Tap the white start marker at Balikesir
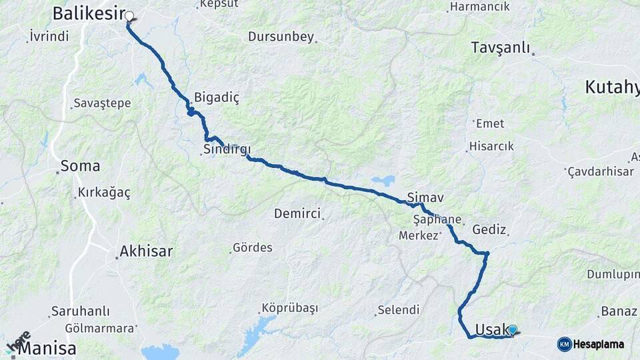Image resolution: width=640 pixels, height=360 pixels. pos(129,16)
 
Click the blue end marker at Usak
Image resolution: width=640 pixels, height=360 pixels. pos(513,329)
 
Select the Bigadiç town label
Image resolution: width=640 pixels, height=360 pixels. pos(217,97)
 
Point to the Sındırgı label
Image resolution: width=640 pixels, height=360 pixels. pos(225,151)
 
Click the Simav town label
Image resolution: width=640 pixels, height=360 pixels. pos(425,198)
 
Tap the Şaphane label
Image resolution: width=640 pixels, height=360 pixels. pos(437,219)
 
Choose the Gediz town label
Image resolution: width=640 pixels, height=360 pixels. pos(489,229)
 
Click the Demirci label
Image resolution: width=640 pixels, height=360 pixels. pos(297,213)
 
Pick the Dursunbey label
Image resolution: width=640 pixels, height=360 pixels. pos(281,37)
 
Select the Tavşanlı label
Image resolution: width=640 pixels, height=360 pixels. pos(500,47)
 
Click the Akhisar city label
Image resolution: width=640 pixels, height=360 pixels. pos(146,251)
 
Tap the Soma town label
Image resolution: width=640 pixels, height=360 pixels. pos(80,166)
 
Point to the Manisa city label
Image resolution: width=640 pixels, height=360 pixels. pos(47,349)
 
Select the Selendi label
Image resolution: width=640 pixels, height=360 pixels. pos(399,310)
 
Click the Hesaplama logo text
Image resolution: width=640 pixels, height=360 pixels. pos(599,345)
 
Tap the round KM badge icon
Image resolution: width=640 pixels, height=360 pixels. pos(565,344)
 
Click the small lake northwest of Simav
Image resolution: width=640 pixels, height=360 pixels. pos(383,180)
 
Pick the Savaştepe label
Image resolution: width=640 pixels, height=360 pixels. pos(102,103)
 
